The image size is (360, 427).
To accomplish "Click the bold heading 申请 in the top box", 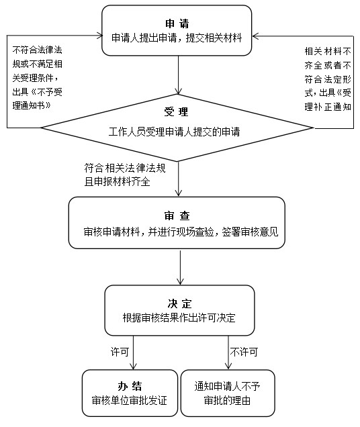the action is click(x=177, y=23).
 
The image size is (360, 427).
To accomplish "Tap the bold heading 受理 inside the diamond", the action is click(x=176, y=111).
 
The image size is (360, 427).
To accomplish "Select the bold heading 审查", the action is click(x=177, y=216).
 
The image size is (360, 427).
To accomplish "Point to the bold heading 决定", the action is click(x=179, y=303).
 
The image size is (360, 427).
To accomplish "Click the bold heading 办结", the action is click(x=130, y=386).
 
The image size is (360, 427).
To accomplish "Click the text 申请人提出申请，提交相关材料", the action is click(x=177, y=38).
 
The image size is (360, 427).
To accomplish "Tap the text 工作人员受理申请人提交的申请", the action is click(x=175, y=132).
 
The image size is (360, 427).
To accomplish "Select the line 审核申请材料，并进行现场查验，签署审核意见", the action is click(x=181, y=232).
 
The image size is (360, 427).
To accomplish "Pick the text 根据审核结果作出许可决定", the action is click(x=179, y=318).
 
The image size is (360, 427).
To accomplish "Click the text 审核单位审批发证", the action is click(x=130, y=401).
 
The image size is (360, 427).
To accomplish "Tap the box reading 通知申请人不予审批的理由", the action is click(x=228, y=393).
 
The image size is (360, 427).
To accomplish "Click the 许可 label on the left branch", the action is click(x=120, y=352).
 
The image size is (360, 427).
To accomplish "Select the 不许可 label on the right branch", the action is click(x=244, y=352).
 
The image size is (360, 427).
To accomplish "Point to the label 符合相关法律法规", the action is click(x=125, y=168).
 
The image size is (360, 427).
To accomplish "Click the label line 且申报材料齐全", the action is click(x=117, y=182).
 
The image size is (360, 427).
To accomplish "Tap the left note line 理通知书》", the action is click(x=32, y=105).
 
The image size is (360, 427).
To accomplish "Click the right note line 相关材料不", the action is click(x=328, y=51).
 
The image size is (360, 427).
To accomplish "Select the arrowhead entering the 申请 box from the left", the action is click(x=99, y=36).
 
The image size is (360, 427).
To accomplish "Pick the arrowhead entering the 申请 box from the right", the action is click(x=255, y=36).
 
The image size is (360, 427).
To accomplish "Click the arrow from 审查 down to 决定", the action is click(x=180, y=267).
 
